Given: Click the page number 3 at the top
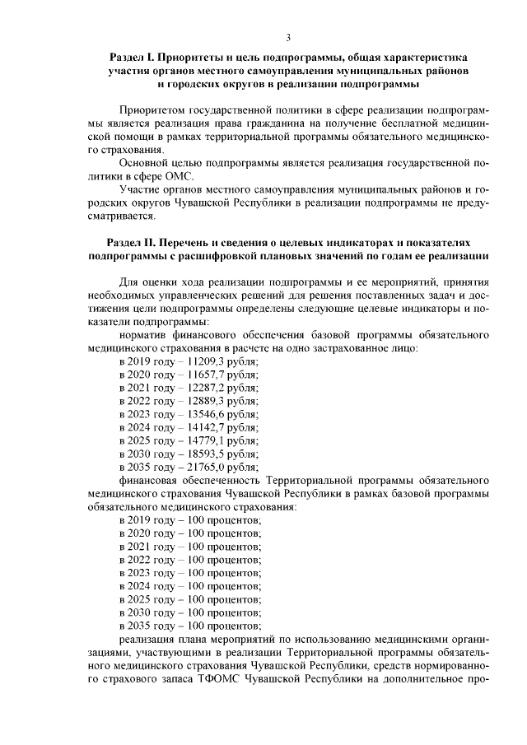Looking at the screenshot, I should (x=288, y=37).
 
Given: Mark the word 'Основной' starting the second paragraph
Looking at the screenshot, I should (x=142, y=162).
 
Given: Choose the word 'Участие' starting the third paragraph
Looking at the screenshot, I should (x=138, y=189).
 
